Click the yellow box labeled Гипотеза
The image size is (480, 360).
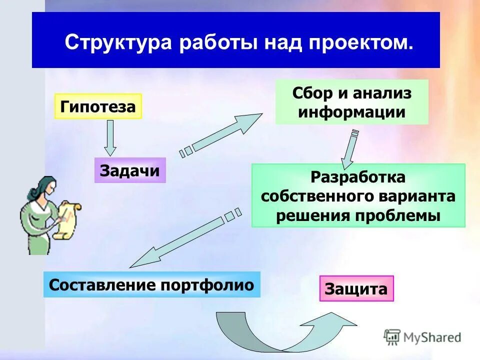coord(98,106)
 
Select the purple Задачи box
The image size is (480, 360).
coord(130,170)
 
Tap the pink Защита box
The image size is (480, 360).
coord(356,289)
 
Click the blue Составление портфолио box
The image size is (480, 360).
coord(151,285)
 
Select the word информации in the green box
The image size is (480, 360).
coord(351,111)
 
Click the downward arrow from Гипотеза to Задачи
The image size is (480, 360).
coord(110,137)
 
